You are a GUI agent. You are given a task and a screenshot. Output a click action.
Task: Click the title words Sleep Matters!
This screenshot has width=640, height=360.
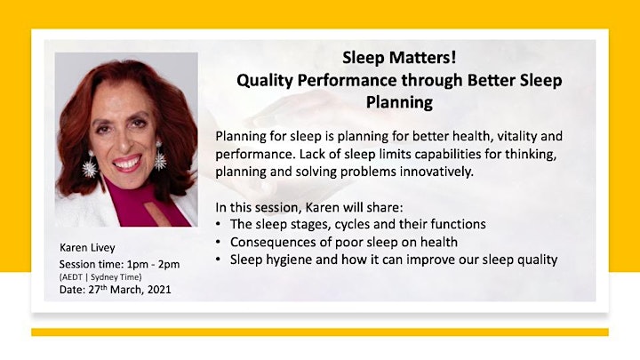click(399, 58)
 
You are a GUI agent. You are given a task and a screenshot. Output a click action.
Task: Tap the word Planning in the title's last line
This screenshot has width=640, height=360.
click(399, 102)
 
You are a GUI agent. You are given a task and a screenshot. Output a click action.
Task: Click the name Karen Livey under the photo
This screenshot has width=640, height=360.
click(87, 248)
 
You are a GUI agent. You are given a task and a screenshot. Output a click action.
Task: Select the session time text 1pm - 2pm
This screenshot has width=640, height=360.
click(153, 265)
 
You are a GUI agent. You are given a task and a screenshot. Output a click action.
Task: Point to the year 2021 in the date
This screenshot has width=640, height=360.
click(159, 290)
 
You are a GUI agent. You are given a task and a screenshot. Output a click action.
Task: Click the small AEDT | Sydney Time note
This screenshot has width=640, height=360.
click(100, 277)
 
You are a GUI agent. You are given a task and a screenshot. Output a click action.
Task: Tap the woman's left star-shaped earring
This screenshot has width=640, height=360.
click(90, 164)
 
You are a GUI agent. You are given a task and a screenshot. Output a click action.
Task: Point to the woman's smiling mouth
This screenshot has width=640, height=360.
click(127, 163)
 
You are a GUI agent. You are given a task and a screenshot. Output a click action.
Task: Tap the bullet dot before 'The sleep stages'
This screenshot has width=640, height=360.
click(219, 224)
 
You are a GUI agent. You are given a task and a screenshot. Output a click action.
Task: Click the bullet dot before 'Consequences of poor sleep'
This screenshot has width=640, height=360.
click(219, 242)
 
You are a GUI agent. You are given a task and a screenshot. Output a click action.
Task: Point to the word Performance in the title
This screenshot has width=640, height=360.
click(347, 80)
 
